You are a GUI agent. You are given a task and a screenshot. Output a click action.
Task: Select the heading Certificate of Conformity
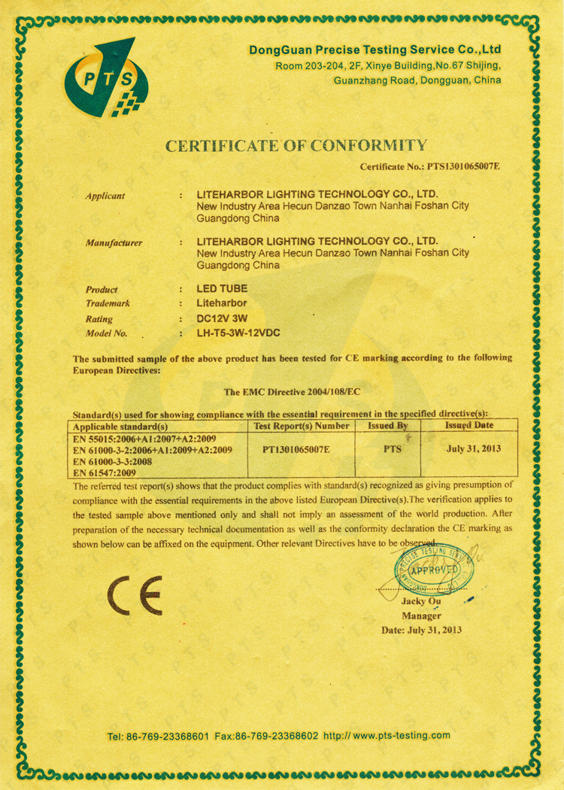point(296,145)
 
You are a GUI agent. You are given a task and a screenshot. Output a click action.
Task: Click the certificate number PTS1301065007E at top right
point(463,166)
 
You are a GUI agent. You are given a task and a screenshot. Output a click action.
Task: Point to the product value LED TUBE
point(221,289)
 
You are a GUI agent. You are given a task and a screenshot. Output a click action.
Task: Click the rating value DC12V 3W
point(222,318)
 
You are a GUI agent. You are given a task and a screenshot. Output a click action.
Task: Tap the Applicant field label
point(105,196)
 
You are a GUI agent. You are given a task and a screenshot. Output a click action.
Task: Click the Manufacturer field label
point(114,243)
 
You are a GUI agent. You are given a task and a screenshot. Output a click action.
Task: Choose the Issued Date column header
point(469,425)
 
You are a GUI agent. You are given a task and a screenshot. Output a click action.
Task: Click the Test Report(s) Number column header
point(302,426)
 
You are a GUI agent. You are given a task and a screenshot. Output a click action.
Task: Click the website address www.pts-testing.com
point(402,736)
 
